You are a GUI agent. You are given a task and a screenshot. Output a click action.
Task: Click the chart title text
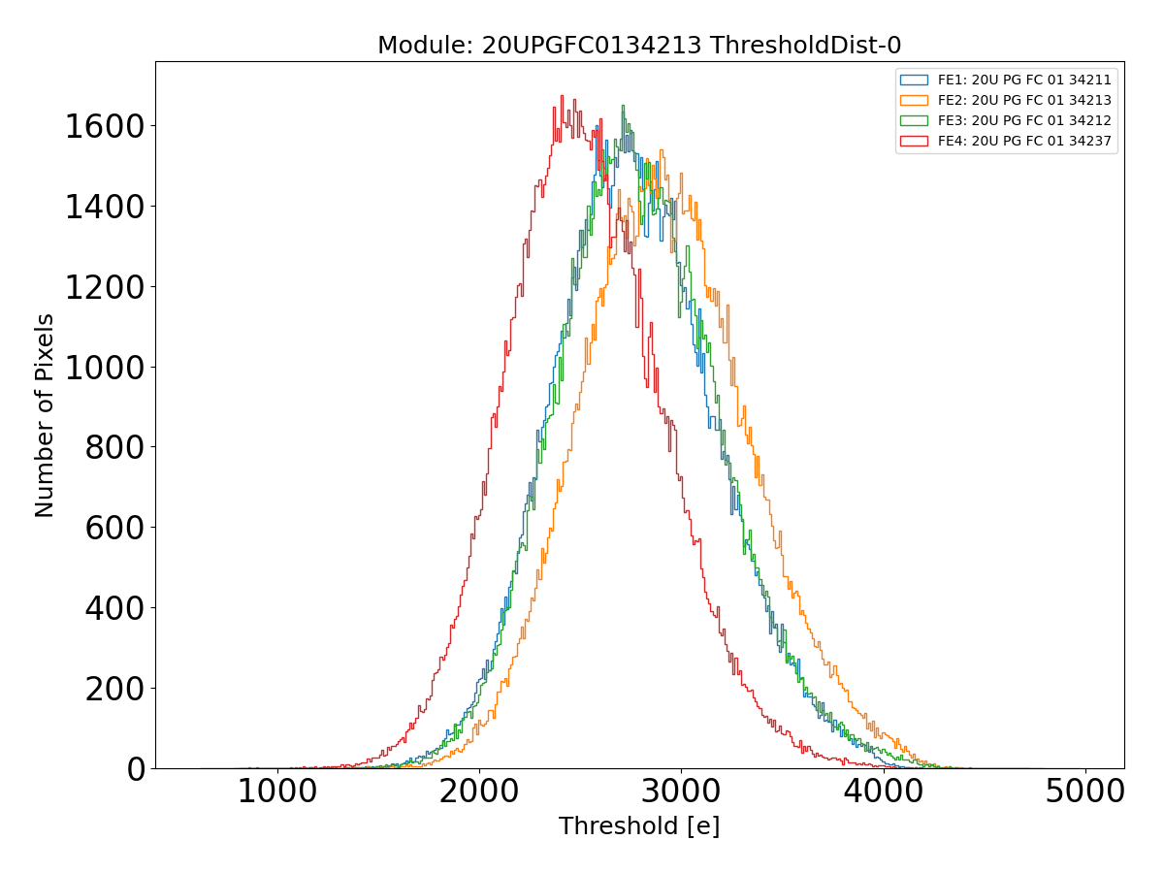click(x=639, y=46)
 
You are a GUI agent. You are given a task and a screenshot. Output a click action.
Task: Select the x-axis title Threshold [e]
click(x=639, y=826)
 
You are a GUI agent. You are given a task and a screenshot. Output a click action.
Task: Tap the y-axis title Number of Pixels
click(x=45, y=415)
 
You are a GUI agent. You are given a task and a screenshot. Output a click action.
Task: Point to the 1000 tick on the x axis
click(x=277, y=791)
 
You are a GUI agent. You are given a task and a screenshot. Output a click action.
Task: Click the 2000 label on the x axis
click(x=479, y=791)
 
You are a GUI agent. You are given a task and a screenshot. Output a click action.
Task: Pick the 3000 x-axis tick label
click(x=681, y=791)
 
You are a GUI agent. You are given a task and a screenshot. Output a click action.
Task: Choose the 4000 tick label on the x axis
click(x=883, y=791)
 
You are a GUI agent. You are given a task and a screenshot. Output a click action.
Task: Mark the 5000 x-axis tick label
click(x=1084, y=791)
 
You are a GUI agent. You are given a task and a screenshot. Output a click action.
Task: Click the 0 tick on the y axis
click(x=135, y=769)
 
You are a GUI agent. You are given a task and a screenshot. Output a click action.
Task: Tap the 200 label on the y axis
click(x=113, y=689)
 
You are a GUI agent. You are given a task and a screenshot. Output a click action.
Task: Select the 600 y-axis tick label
click(x=113, y=528)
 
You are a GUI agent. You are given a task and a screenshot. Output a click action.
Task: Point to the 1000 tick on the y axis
click(x=105, y=368)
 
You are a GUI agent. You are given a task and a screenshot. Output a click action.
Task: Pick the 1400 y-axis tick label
click(x=105, y=207)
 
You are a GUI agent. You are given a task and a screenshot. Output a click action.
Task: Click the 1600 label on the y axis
click(x=105, y=126)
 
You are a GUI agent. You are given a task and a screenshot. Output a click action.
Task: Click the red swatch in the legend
click(x=914, y=141)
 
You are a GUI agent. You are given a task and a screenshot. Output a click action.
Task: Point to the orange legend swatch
click(x=914, y=100)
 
